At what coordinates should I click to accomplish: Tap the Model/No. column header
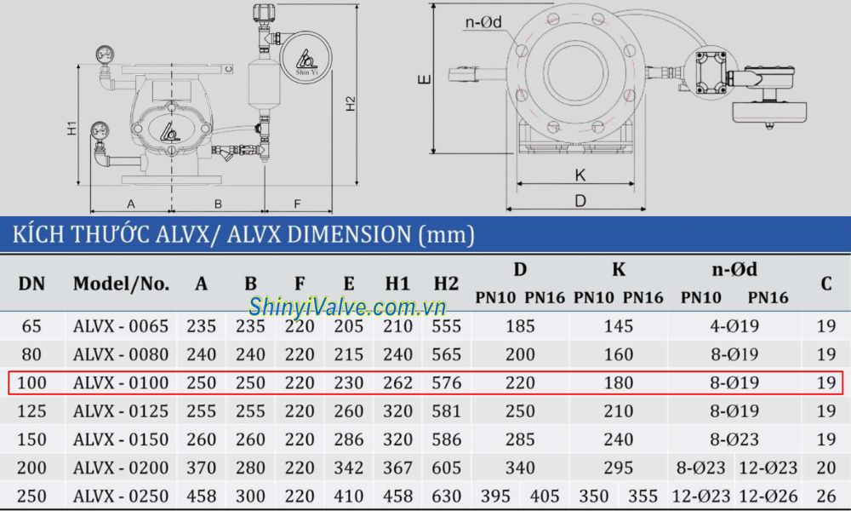coord(121,284)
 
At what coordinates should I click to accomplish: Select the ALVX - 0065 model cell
coord(121,325)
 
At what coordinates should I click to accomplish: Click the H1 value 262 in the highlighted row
coord(397,382)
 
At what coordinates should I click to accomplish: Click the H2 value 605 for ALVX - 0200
coord(446,468)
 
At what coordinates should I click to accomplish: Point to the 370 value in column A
coord(201,468)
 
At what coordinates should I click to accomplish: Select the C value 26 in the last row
coord(825,496)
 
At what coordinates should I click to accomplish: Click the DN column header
coord(31,284)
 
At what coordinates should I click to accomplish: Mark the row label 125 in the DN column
coord(31,411)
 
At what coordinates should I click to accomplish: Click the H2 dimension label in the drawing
coord(351,103)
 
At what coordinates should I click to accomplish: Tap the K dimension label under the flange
coord(580,175)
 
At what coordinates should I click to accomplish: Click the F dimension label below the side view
coord(297,204)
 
